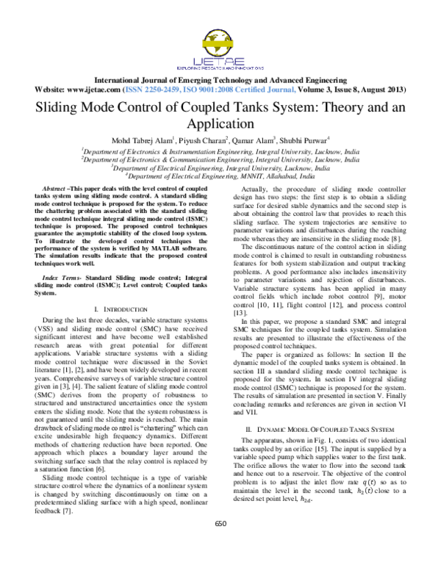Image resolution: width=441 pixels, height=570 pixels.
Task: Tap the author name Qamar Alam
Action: coord(248,140)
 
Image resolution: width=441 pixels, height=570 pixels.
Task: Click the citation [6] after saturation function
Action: coord(113,427)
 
